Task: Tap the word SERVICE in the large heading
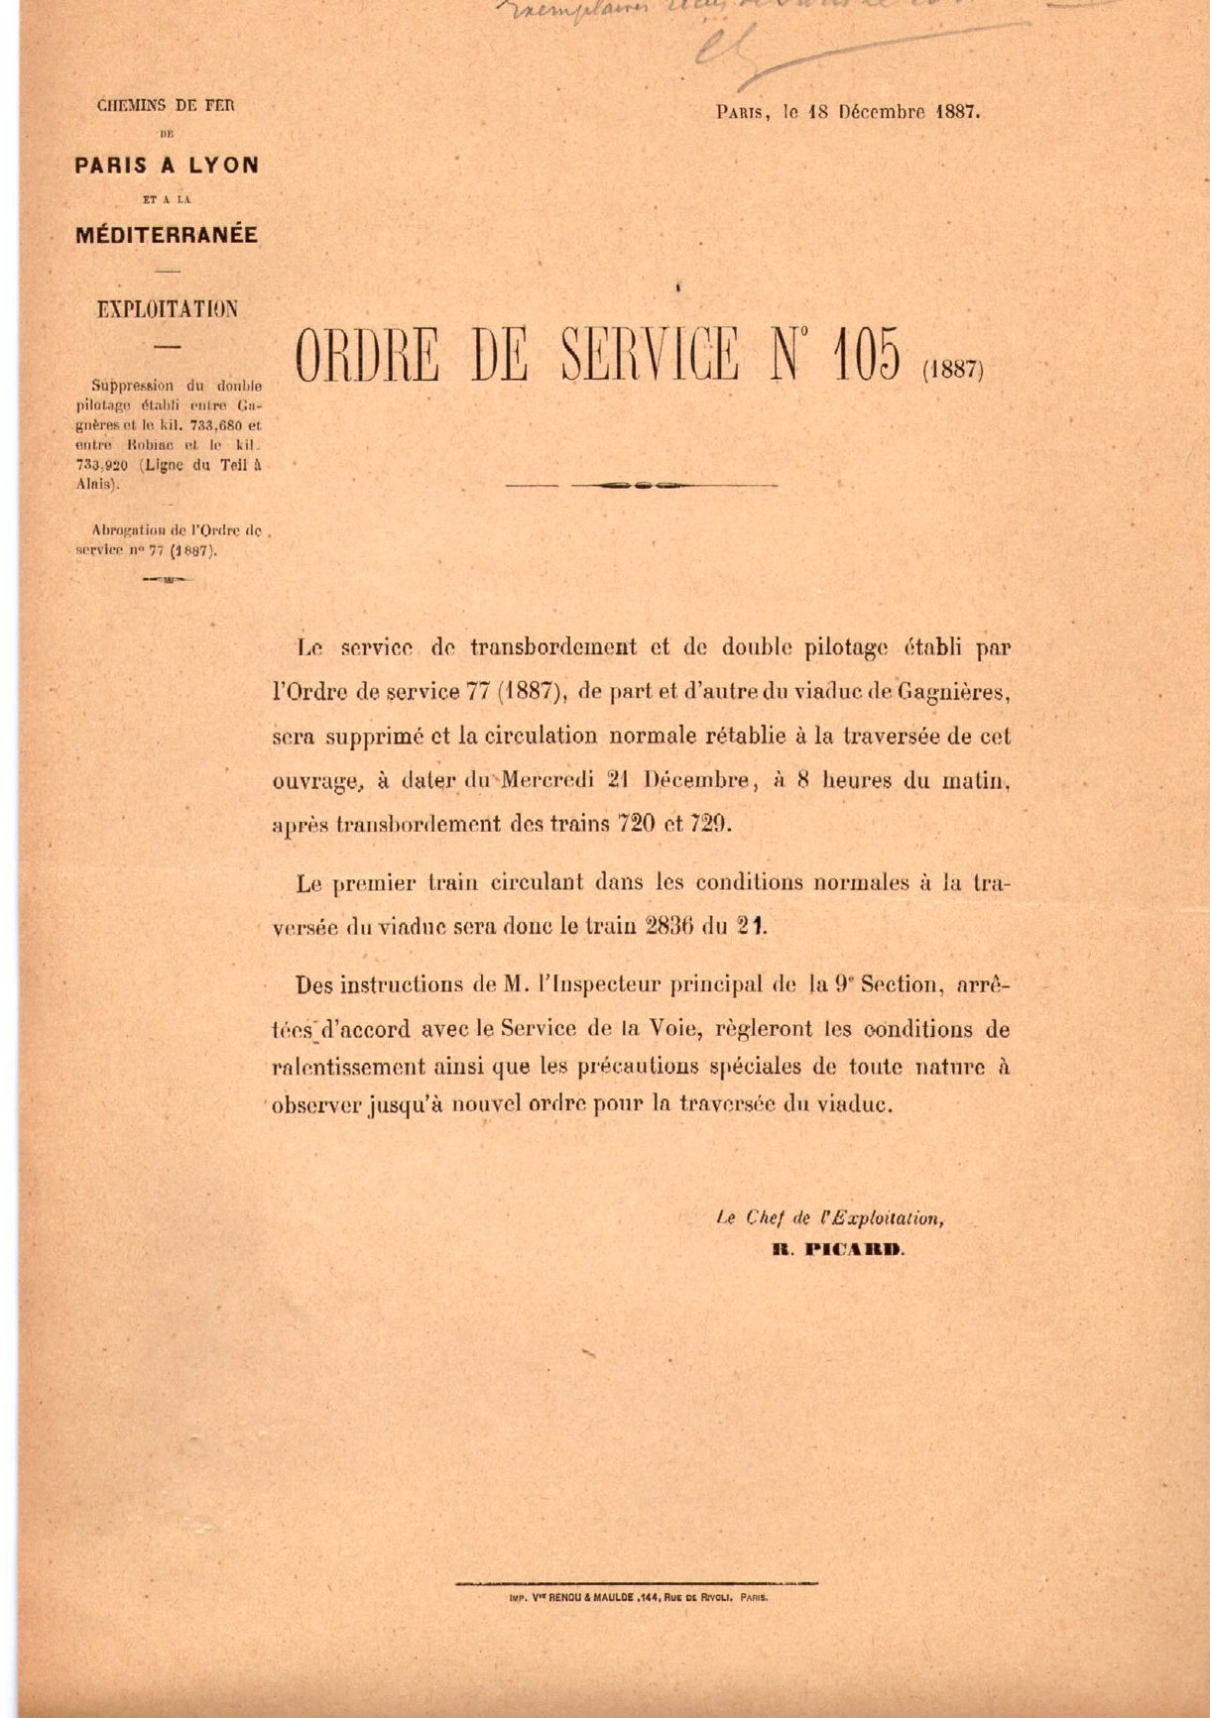click(x=650, y=354)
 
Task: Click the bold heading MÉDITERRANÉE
click(x=167, y=235)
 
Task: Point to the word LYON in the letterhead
click(x=224, y=166)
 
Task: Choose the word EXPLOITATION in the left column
click(x=168, y=308)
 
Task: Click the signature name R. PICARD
click(x=838, y=1250)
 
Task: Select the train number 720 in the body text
click(x=636, y=823)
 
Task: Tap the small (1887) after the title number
click(x=952, y=370)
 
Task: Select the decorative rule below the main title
click(x=642, y=486)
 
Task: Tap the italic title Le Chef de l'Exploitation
click(x=829, y=1219)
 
